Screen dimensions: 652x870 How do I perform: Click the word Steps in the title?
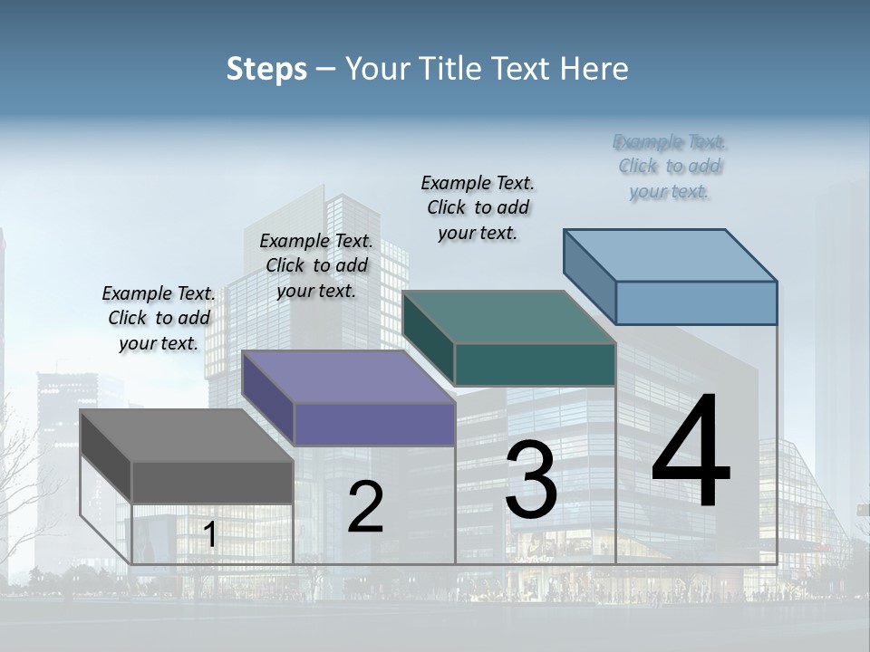coord(266,69)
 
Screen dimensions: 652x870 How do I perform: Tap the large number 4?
coord(691,453)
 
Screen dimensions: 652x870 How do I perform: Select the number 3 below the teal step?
coord(531,480)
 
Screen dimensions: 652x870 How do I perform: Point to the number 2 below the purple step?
coord(365,507)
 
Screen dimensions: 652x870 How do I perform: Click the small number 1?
coord(210,535)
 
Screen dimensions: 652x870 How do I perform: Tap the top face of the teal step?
coord(508,317)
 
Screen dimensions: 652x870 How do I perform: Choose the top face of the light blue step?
coord(671,255)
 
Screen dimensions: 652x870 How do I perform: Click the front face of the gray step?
coord(212,482)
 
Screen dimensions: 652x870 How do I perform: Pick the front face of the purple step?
coord(374,424)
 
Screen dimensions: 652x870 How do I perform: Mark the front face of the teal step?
coord(535,364)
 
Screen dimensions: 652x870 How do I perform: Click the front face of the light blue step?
coord(696,302)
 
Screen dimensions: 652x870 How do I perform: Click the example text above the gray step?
coord(159,318)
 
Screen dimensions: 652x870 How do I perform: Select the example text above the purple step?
coord(316,265)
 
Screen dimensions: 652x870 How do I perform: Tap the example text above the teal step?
coord(478,207)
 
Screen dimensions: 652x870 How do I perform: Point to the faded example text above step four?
coord(670,167)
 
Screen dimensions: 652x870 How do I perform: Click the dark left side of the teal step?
coord(428,337)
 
